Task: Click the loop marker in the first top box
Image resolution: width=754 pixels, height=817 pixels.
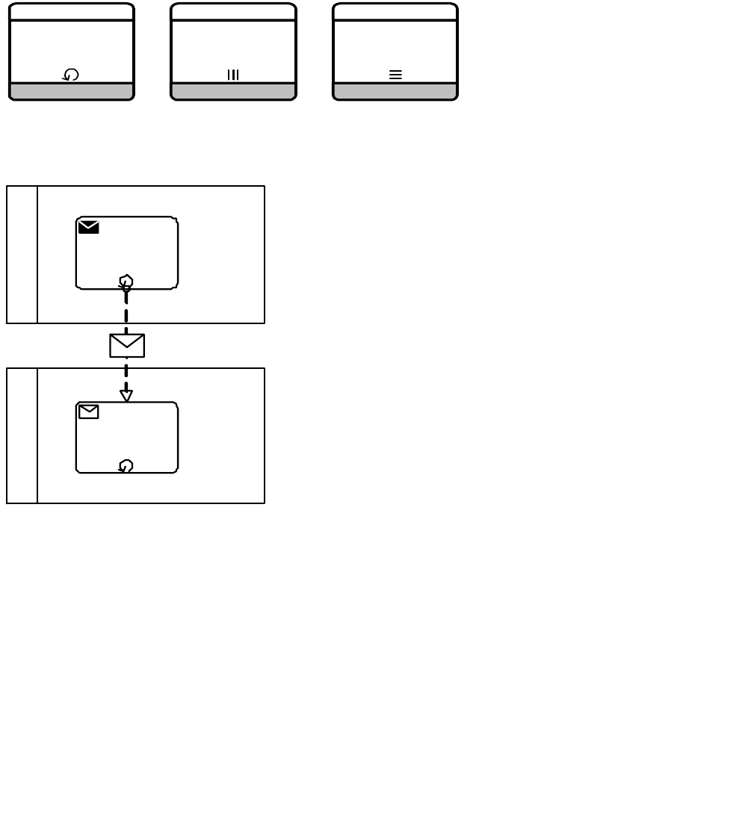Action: pos(71,75)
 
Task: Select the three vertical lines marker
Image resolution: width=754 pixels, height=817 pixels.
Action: pos(233,75)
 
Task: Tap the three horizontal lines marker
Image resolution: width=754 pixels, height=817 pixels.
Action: pos(395,75)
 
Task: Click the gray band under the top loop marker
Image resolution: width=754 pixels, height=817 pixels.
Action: pos(72,91)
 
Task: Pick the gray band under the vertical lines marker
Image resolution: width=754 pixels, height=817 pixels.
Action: pos(233,91)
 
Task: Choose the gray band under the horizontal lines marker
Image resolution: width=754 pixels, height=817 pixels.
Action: pos(395,91)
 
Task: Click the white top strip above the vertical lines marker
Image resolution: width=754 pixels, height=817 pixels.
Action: pos(233,12)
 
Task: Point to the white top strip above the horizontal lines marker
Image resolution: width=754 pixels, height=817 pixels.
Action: pos(395,12)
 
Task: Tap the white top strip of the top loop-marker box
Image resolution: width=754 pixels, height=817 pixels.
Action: pos(72,12)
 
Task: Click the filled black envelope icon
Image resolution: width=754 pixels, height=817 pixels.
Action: pos(88,227)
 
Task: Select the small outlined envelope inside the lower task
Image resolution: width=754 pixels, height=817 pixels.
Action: pos(88,411)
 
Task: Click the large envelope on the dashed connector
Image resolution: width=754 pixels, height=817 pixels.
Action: pos(127,346)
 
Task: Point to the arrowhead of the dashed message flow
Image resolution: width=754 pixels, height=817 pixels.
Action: pos(126,396)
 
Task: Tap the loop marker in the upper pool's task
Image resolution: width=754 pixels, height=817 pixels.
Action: pos(126,282)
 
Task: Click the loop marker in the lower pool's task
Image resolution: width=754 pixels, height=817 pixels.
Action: pos(126,466)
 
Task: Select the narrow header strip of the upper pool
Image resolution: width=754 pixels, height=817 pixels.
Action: pos(22,255)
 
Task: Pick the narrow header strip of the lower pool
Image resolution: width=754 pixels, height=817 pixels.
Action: pos(22,435)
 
